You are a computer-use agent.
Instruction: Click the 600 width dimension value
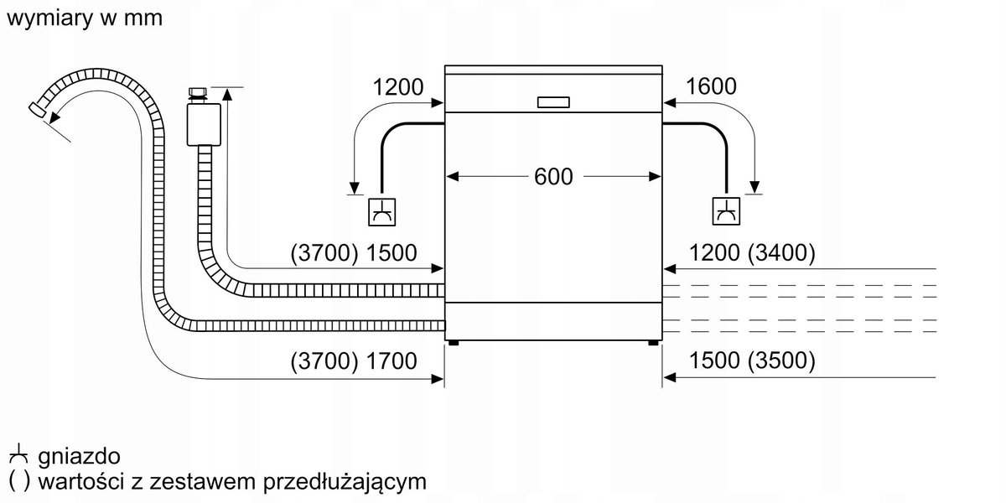tap(553, 177)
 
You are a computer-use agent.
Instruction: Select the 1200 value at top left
tap(398, 86)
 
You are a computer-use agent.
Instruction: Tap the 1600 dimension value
tap(711, 86)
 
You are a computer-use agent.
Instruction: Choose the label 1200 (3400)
tap(752, 253)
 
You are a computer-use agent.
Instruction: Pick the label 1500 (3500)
tap(752, 361)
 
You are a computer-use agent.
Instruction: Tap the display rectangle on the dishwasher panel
tap(553, 102)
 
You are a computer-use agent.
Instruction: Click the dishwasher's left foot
tap(454, 342)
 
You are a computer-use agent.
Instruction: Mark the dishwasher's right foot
tap(652, 342)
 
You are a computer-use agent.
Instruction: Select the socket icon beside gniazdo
tap(18, 457)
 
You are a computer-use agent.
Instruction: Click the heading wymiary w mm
tap(84, 18)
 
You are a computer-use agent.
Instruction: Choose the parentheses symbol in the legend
tap(18, 482)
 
